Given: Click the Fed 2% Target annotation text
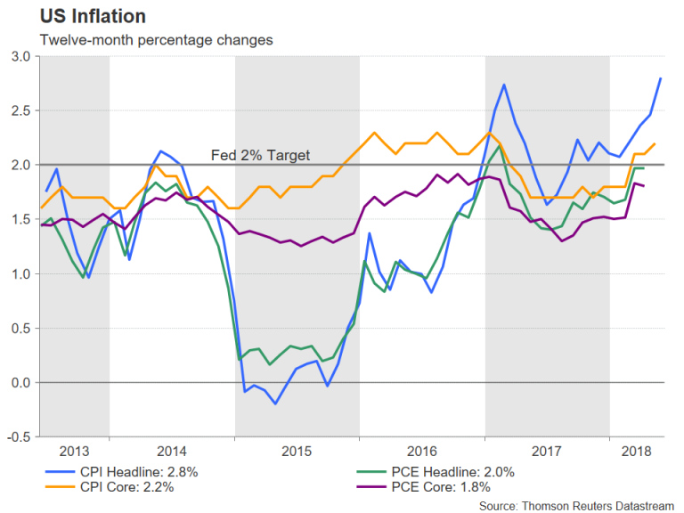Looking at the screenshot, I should pyautogui.click(x=260, y=156).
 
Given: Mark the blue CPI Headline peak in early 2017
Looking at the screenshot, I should pyautogui.click(x=504, y=85).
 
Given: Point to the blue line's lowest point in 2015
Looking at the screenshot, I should pyautogui.click(x=275, y=403).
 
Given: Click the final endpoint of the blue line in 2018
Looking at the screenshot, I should pyautogui.click(x=661, y=78).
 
